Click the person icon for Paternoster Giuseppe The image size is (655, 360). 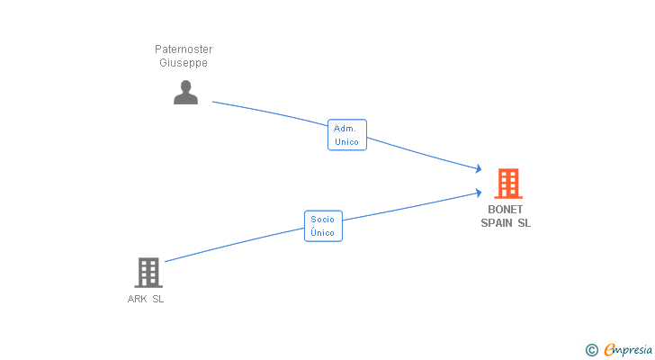pyautogui.click(x=186, y=93)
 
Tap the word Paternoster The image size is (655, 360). pyautogui.click(x=184, y=49)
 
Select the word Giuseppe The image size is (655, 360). pyautogui.click(x=184, y=63)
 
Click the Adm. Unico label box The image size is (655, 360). pyautogui.click(x=347, y=135)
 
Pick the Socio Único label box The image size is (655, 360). pyautogui.click(x=323, y=226)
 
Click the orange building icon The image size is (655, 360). pyautogui.click(x=508, y=184)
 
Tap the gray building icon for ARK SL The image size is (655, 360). pyautogui.click(x=148, y=273)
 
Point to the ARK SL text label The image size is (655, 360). pyautogui.click(x=146, y=299)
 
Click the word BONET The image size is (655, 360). pyautogui.click(x=506, y=209)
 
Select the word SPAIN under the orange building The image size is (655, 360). pyautogui.click(x=497, y=223)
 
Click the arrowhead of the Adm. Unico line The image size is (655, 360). pyautogui.click(x=479, y=168)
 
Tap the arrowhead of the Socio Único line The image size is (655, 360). pyautogui.click(x=479, y=193)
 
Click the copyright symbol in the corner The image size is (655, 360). pyautogui.click(x=592, y=350)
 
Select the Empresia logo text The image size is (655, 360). pyautogui.click(x=628, y=349)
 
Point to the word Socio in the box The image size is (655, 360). pyautogui.click(x=322, y=220)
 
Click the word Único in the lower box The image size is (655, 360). pyautogui.click(x=322, y=232)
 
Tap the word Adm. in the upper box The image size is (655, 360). pyautogui.click(x=345, y=129)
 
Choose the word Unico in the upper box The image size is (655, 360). pyautogui.click(x=346, y=142)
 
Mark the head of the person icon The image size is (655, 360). pyautogui.click(x=186, y=86)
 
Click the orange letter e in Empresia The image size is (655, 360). pyautogui.click(x=609, y=349)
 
